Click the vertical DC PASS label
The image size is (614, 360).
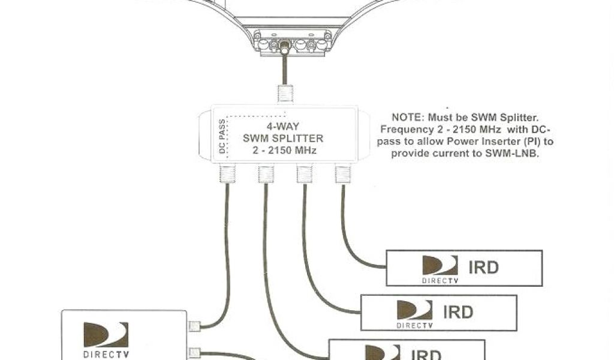(222, 137)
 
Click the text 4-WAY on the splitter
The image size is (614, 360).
(284, 127)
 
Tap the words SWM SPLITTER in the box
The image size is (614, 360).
(284, 138)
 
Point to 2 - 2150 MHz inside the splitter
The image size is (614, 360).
(284, 150)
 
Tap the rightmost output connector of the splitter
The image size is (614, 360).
(342, 174)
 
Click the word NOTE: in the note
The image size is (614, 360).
(408, 118)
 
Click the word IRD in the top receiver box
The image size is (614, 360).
(483, 267)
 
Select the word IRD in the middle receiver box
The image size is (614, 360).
(458, 312)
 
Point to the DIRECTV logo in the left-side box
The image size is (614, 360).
(106, 339)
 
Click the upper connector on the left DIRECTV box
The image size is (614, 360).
(194, 327)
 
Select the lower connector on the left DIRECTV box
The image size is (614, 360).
(194, 352)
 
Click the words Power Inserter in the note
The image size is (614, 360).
(502, 142)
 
